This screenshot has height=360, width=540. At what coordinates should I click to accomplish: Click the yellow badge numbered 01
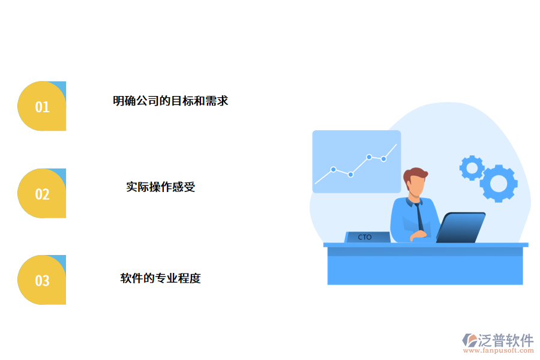pos(41,106)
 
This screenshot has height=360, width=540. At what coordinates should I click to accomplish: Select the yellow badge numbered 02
pos(41,193)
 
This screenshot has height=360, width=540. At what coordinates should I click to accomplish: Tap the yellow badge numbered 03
pos(41,280)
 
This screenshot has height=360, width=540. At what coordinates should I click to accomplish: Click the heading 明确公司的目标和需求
pos(170,101)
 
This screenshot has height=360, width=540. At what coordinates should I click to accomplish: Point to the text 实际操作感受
pos(160,187)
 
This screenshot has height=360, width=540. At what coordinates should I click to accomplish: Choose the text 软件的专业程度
pos(160,278)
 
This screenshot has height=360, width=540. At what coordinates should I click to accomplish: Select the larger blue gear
pos(499,183)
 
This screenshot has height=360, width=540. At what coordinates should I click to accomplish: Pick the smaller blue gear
pos(472,167)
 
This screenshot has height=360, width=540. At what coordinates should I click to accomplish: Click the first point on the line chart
pos(333,169)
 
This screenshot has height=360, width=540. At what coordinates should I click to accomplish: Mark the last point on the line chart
pos(383,159)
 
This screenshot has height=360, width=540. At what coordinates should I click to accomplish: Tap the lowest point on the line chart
pos(350,175)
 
